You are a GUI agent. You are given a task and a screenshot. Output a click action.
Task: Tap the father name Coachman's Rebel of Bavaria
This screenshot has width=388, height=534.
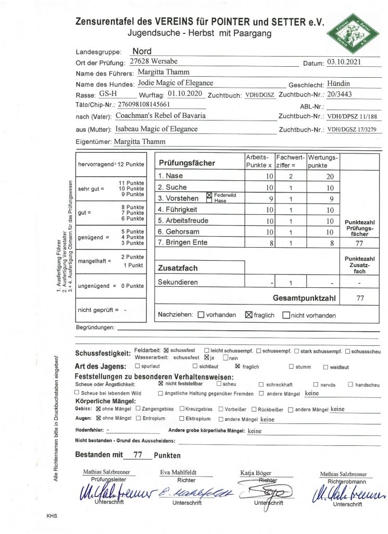tap(160, 116)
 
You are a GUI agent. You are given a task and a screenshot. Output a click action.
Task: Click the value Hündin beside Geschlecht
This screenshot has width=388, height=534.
tap(339, 83)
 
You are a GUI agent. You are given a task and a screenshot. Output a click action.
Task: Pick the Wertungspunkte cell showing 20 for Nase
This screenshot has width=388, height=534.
tap(330, 177)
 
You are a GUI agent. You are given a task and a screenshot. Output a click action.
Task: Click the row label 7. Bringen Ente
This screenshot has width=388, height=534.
tap(183, 242)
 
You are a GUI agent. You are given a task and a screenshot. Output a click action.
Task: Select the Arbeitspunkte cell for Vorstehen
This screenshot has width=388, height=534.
tap(270, 199)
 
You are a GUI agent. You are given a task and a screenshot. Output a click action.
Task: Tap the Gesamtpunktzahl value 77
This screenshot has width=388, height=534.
tap(359, 299)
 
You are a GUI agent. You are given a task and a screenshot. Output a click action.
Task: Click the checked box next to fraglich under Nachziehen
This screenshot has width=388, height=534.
tap(248, 315)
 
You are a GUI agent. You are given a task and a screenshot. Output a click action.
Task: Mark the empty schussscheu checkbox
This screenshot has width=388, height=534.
tap(347, 351)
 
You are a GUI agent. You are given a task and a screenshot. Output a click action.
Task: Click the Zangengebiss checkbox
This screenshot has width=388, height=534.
tap(138, 409)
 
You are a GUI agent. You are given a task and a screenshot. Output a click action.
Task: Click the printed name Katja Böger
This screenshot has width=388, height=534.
tap(256, 473)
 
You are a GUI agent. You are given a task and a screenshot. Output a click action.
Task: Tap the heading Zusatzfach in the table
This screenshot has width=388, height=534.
tap(178, 268)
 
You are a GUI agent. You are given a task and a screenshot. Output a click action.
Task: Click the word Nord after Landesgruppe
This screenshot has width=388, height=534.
tap(142, 52)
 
